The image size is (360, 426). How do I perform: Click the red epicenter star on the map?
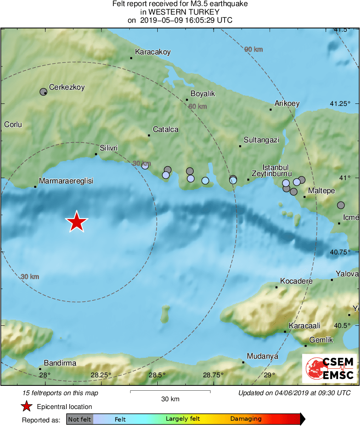click(x=76, y=222)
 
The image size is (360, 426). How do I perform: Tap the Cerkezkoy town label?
click(x=66, y=87)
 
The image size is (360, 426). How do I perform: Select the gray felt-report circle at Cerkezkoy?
click(x=43, y=92)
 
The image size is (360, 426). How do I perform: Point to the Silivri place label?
click(x=109, y=148)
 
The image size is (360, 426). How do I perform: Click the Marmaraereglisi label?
click(x=66, y=181)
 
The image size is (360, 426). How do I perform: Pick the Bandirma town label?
click(x=60, y=363)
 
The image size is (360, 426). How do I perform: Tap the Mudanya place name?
click(x=262, y=356)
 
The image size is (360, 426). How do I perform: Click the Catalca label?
click(x=165, y=129)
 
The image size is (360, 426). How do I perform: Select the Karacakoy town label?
click(x=152, y=52)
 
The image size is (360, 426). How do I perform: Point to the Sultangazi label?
click(x=261, y=140)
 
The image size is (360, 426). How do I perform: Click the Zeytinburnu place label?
click(x=272, y=174)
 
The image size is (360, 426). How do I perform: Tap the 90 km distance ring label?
click(x=253, y=49)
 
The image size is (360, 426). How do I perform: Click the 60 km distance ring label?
click(x=197, y=106)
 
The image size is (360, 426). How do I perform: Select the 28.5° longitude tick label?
click(x=157, y=375)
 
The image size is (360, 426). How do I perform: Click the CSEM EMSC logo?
click(x=329, y=368)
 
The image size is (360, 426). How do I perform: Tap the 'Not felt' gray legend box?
click(x=80, y=419)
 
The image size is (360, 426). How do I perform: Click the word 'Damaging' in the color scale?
click(x=246, y=419)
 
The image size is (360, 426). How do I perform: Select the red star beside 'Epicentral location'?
click(x=26, y=407)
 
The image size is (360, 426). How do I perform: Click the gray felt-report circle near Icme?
click(x=341, y=205)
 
